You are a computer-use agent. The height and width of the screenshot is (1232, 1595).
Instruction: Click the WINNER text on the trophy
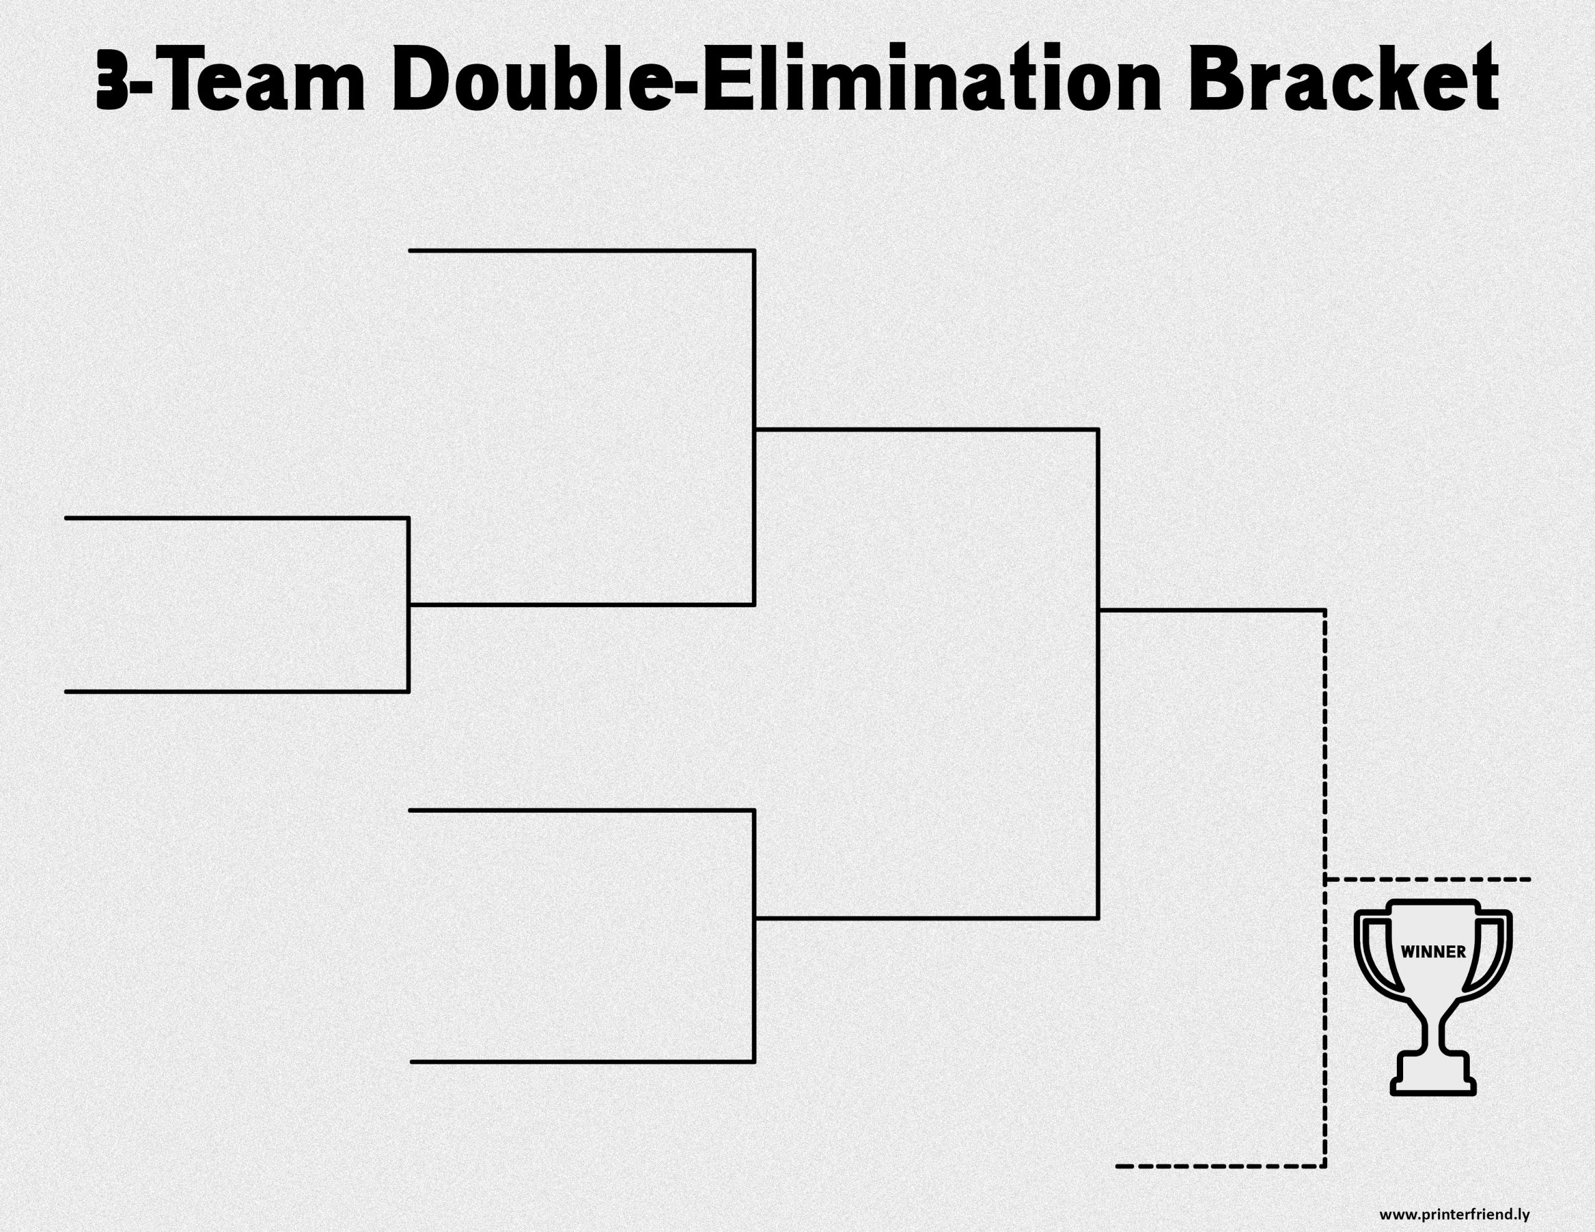1433,952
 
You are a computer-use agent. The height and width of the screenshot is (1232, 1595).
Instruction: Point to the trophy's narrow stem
1433,1030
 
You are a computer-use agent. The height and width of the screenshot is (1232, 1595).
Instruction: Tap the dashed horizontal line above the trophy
1428,879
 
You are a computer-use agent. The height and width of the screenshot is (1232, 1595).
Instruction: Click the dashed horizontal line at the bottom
1221,1166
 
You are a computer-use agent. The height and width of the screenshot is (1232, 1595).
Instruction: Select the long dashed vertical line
1325,888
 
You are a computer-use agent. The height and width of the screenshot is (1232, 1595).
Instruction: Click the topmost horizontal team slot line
581,250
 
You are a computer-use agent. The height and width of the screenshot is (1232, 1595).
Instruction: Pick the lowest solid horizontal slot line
583,1062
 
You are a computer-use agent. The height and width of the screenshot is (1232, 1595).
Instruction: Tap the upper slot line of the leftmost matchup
237,518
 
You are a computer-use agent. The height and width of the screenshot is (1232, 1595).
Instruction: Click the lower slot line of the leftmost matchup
237,691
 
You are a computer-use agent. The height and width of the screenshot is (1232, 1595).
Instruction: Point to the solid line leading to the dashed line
1212,609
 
